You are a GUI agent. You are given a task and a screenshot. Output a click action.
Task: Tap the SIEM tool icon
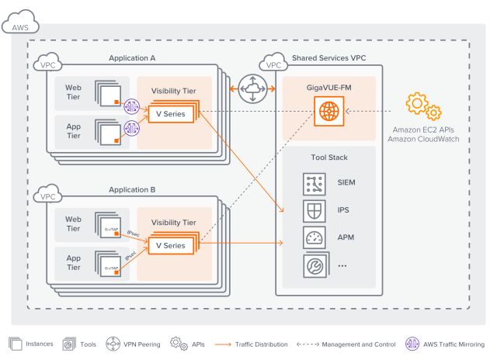(315, 184)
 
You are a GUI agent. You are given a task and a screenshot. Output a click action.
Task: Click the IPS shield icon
(315, 210)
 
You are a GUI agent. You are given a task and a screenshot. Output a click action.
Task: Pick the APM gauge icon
(315, 237)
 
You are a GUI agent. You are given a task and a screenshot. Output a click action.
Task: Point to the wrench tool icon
(315, 265)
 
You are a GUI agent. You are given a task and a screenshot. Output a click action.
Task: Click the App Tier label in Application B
(73, 261)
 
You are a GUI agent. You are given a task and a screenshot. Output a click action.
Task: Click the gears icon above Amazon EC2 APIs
(423, 106)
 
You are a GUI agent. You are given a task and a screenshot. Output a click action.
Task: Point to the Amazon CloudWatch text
(423, 139)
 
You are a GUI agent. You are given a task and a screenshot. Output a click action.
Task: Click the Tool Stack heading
(328, 157)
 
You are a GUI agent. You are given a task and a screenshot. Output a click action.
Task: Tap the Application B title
(132, 189)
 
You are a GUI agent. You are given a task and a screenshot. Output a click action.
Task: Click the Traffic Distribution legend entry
(259, 343)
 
